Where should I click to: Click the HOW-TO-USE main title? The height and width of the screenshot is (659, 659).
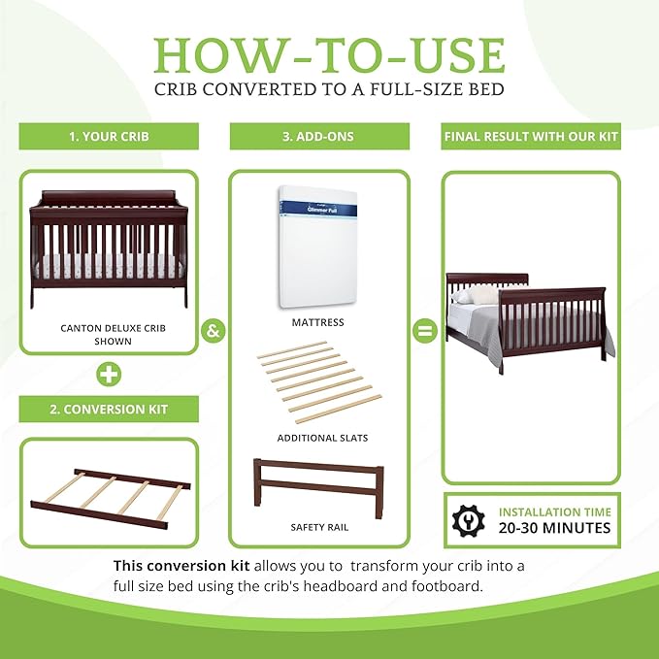(329, 55)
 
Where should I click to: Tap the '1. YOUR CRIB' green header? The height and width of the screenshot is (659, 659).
(109, 137)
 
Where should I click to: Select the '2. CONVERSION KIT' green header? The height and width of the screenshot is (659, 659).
(109, 409)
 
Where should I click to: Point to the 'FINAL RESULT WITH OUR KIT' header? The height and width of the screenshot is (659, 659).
(531, 137)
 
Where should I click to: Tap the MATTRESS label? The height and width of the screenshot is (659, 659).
(317, 322)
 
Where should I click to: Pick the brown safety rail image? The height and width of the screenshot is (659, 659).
(317, 481)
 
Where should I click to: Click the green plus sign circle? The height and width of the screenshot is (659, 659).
(109, 372)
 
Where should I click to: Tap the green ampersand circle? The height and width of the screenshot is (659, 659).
(214, 330)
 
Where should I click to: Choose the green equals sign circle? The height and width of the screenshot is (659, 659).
(423, 330)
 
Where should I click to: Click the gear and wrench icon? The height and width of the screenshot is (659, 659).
(468, 519)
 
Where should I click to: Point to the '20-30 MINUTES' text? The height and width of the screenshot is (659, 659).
(555, 528)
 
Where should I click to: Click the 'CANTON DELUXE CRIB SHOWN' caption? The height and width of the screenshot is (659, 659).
(109, 335)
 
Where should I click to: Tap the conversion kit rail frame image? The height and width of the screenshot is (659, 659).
(109, 490)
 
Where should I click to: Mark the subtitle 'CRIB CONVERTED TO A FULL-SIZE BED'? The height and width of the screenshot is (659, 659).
(329, 90)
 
